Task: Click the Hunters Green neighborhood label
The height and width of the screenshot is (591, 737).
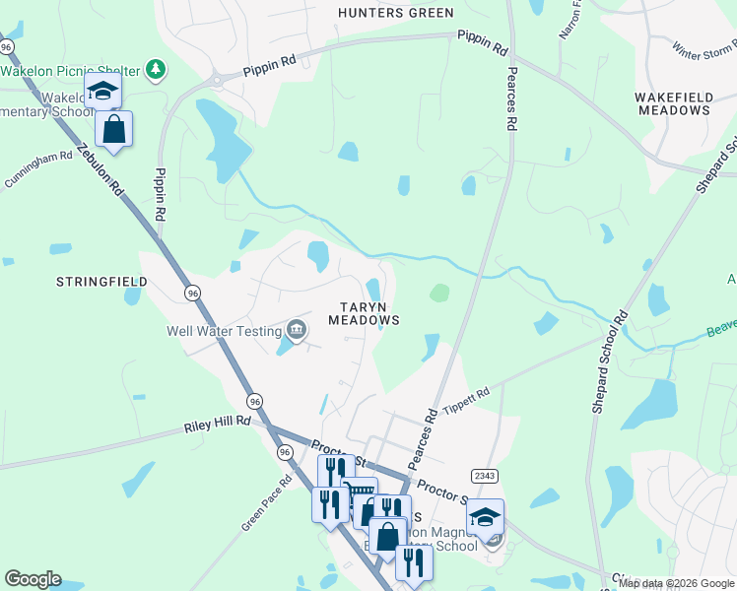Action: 395,13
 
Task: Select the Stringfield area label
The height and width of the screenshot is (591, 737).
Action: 101,282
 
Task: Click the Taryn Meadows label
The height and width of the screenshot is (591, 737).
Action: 364,313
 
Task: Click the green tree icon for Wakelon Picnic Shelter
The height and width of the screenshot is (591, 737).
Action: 155,69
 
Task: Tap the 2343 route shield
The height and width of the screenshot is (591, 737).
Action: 485,476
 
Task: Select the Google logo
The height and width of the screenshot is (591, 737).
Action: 33,579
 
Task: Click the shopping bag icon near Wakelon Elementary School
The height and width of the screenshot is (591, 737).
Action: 114,129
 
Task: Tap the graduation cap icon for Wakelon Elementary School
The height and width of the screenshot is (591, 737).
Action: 102,92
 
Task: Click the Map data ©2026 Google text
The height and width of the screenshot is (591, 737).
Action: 676,583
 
